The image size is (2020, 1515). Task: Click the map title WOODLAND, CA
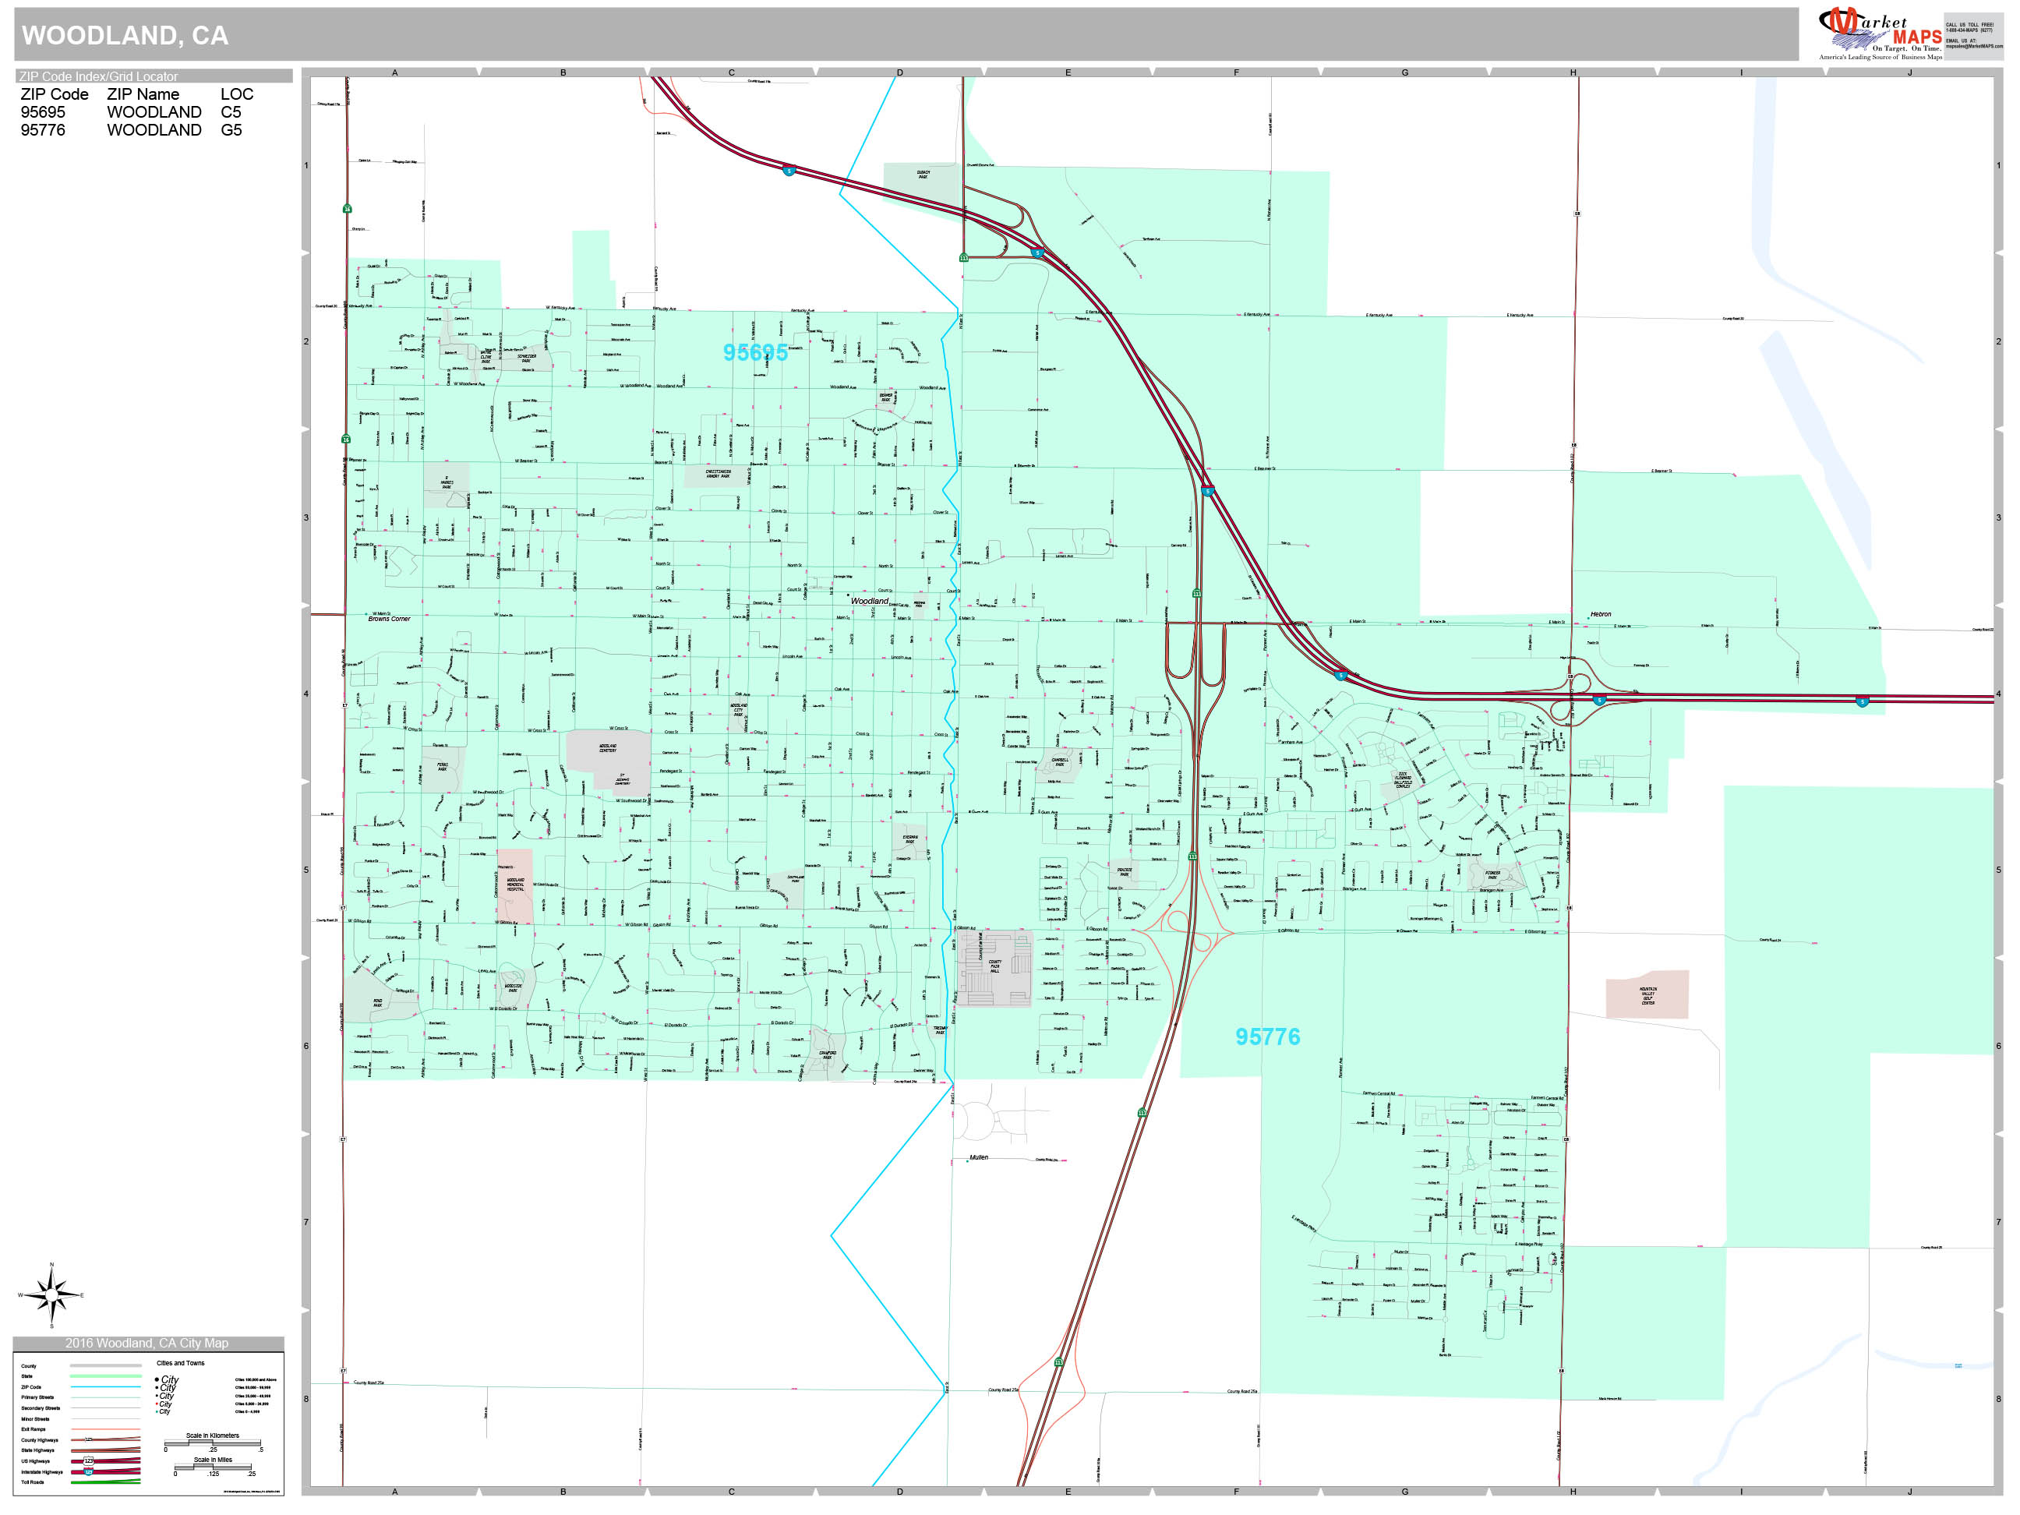click(125, 36)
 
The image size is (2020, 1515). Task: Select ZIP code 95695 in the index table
click(43, 112)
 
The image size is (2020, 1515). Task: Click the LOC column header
click(236, 94)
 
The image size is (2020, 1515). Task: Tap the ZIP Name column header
click(143, 94)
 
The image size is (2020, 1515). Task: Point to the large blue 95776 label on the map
click(1267, 1036)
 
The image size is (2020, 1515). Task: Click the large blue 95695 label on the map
click(755, 352)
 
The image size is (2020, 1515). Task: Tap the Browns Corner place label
click(389, 619)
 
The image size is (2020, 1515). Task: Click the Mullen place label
click(979, 1157)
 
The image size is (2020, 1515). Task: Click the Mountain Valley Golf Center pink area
click(1647, 994)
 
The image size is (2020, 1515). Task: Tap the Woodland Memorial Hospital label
click(515, 885)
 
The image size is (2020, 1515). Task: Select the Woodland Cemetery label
click(607, 748)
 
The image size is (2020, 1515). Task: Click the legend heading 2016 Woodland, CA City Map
click(147, 1344)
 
